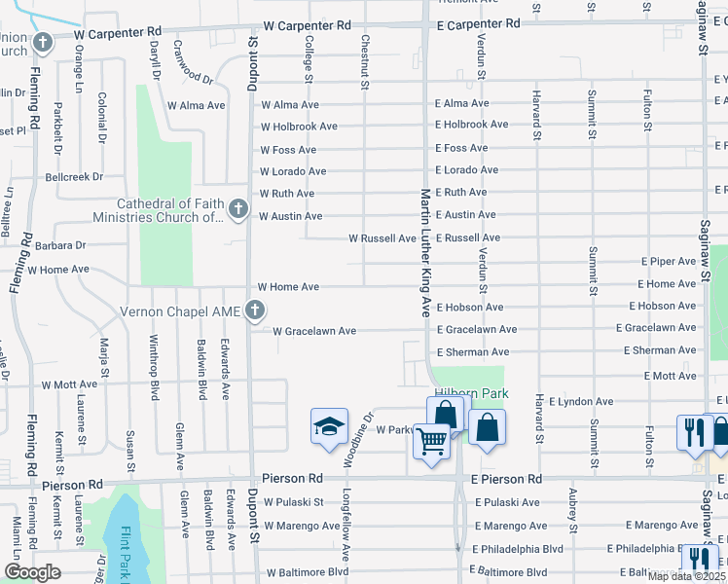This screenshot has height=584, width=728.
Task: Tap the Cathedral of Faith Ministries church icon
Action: click(x=237, y=208)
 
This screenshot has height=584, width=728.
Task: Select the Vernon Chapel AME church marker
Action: click(x=254, y=311)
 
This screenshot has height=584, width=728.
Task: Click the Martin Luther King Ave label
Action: click(x=425, y=253)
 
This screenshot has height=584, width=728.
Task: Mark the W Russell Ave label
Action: click(x=383, y=238)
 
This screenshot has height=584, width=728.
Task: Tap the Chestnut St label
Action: click(x=365, y=63)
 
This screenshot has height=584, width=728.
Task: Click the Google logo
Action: click(x=32, y=572)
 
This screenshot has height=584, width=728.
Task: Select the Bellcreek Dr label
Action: click(x=73, y=178)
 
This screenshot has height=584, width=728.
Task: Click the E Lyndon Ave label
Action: click(x=581, y=401)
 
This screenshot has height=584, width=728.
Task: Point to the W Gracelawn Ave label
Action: click(x=314, y=332)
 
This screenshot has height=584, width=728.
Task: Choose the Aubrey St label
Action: click(x=573, y=512)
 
